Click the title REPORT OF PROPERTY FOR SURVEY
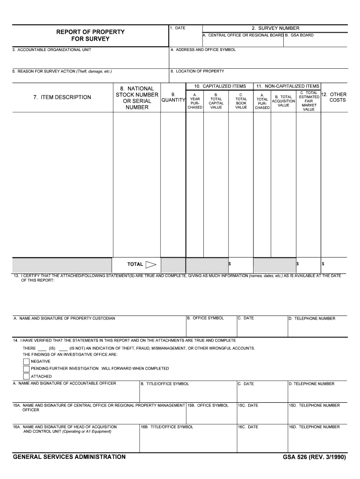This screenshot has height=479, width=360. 90,35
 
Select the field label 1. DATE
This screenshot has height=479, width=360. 178,28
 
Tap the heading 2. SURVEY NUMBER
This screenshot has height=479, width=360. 275,28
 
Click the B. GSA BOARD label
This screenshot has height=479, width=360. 300,35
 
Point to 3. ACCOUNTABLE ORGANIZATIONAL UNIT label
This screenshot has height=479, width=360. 52,50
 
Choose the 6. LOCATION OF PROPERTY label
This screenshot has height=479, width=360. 197,71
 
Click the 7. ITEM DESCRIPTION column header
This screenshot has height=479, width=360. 62,97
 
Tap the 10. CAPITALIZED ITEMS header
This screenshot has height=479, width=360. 220,86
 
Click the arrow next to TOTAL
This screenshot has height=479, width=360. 151,265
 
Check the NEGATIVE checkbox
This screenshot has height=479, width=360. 26,361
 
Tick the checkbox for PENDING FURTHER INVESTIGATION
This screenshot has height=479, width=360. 26,369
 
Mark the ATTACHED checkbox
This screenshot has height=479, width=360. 26,376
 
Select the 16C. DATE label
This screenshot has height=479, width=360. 248,427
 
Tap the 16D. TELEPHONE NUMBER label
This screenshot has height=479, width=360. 314,427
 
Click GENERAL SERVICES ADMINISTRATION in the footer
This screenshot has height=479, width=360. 69,457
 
